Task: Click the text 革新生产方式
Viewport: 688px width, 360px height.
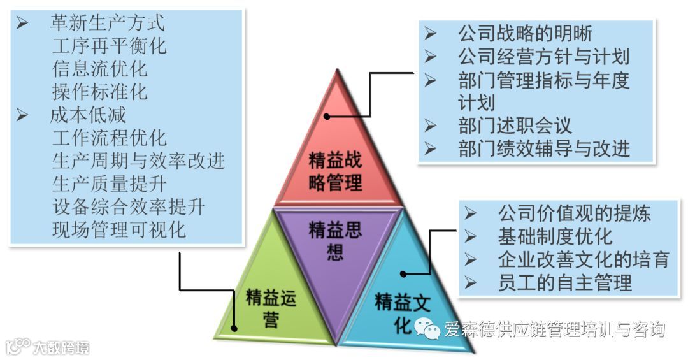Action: [x=107, y=24]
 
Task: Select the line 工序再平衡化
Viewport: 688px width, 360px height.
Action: [x=109, y=46]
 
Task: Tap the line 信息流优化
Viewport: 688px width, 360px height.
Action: [x=99, y=68]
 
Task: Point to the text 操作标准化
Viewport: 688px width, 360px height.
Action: [x=99, y=91]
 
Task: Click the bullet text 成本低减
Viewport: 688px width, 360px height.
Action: [x=88, y=115]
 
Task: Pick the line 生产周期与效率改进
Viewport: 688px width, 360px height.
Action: [x=138, y=161]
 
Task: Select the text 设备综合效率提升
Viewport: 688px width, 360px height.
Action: [x=129, y=206]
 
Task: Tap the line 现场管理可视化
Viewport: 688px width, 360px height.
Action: [x=119, y=229]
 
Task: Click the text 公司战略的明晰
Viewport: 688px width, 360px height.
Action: [x=525, y=33]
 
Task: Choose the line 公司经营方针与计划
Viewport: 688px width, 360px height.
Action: [x=543, y=56]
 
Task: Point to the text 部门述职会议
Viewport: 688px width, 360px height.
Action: [x=515, y=125]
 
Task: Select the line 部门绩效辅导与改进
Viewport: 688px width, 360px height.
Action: [x=543, y=148]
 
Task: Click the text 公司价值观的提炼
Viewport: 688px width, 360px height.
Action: [x=574, y=213]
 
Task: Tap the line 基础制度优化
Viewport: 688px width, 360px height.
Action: [x=555, y=236]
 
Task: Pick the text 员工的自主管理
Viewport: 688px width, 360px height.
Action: [x=564, y=282]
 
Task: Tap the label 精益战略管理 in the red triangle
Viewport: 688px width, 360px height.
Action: [x=335, y=172]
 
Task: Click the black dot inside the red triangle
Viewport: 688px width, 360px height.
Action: [x=326, y=117]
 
